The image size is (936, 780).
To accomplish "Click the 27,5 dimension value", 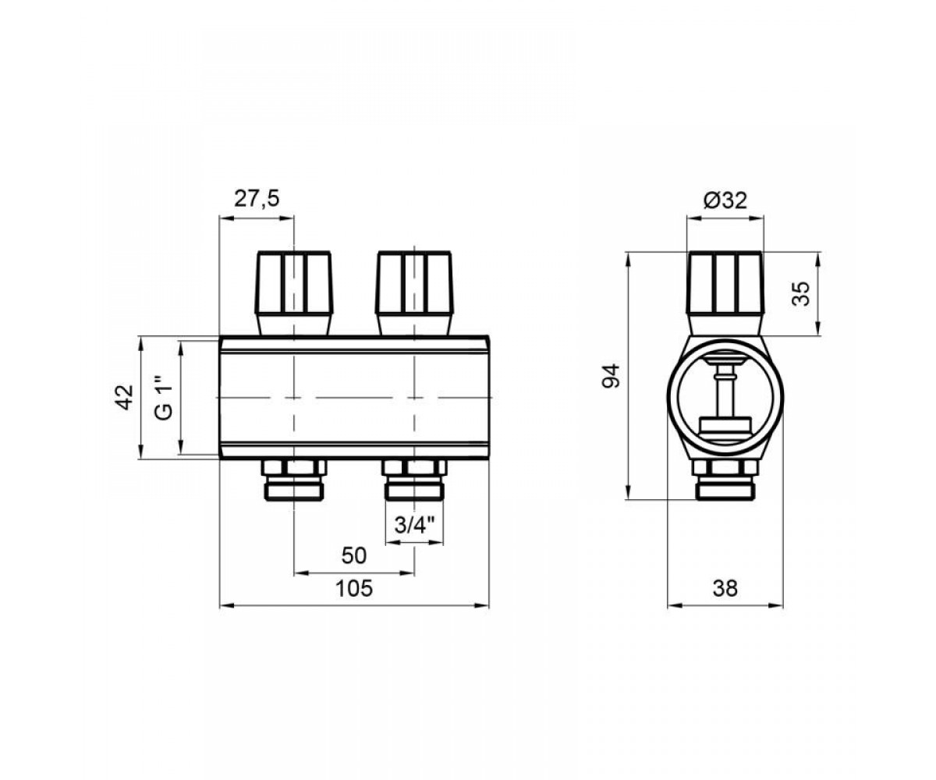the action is (257, 199).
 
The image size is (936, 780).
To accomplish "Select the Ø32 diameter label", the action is (725, 200).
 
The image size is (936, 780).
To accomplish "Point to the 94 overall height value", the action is (611, 375).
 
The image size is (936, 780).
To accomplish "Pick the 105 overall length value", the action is (354, 589).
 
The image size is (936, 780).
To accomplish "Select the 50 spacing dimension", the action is (354, 556).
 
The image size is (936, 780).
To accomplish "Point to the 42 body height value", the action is (126, 397).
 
